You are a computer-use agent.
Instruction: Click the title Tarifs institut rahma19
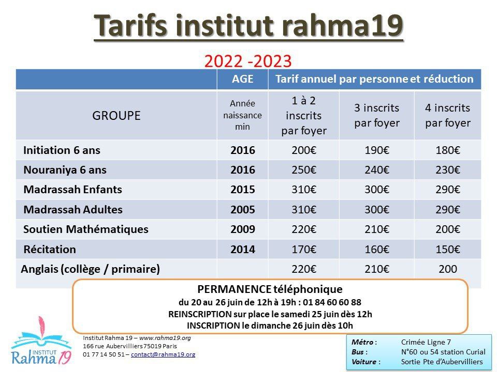pyautogui.click(x=248, y=26)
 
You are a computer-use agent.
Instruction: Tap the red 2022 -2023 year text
pyautogui.click(x=248, y=61)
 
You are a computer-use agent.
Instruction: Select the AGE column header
pyautogui.click(x=242, y=79)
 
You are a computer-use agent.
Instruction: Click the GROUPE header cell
pyautogui.click(x=116, y=115)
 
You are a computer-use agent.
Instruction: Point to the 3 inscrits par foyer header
pyautogui.click(x=377, y=115)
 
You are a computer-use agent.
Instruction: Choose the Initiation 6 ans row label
pyautogui.click(x=62, y=150)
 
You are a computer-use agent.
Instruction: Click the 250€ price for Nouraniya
pyautogui.click(x=304, y=170)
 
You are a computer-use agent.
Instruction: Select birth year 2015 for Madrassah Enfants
pyautogui.click(x=242, y=190)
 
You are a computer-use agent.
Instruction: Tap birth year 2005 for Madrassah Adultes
pyautogui.click(x=242, y=209)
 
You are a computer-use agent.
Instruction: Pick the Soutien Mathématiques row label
pyautogui.click(x=86, y=229)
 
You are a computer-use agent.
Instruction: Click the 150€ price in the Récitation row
pyautogui.click(x=447, y=249)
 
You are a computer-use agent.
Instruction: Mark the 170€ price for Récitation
pyautogui.click(x=304, y=249)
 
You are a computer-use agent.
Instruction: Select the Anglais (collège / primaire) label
pyautogui.click(x=90, y=269)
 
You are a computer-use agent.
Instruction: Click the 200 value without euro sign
pyautogui.click(x=447, y=269)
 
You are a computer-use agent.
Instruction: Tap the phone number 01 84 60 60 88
pyautogui.click(x=332, y=302)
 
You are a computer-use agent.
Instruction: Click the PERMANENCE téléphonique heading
pyautogui.click(x=270, y=289)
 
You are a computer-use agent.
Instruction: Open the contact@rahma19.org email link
pyautogui.click(x=163, y=354)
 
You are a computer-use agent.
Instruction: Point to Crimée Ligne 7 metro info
pyautogui.click(x=426, y=342)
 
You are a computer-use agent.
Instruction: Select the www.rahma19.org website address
pyautogui.click(x=165, y=338)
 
